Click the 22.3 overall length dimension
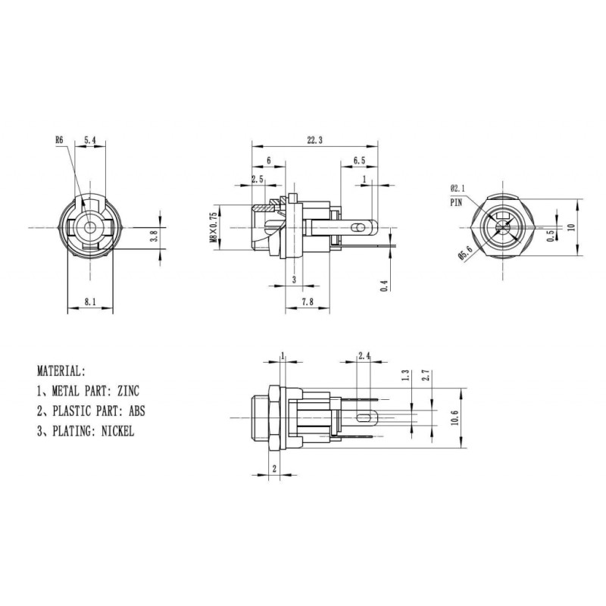(x=314, y=140)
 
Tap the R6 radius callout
(x=59, y=140)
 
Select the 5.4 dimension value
(x=89, y=140)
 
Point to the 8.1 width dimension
(x=90, y=301)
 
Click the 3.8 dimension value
(x=154, y=236)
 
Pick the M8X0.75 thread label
(x=214, y=227)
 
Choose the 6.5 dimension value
(x=359, y=161)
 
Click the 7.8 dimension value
(x=308, y=301)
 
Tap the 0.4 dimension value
(x=384, y=286)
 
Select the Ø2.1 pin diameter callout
(x=458, y=189)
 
